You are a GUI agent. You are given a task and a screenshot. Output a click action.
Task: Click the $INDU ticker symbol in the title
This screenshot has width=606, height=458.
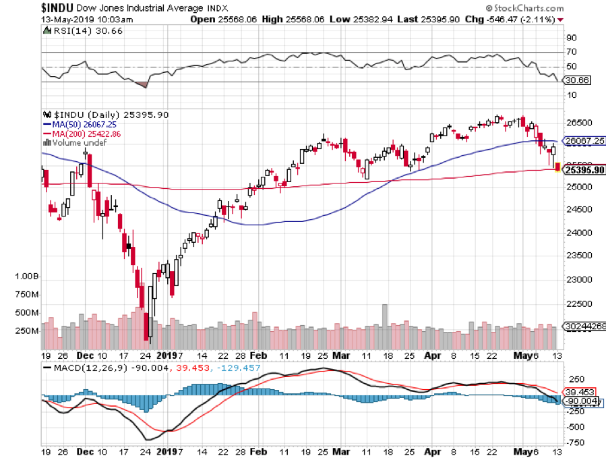click(x=22, y=7)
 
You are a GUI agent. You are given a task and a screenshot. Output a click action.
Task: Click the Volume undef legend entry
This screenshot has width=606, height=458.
click(x=73, y=142)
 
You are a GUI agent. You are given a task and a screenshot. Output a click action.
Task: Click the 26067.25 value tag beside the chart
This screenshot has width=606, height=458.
click(x=584, y=140)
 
